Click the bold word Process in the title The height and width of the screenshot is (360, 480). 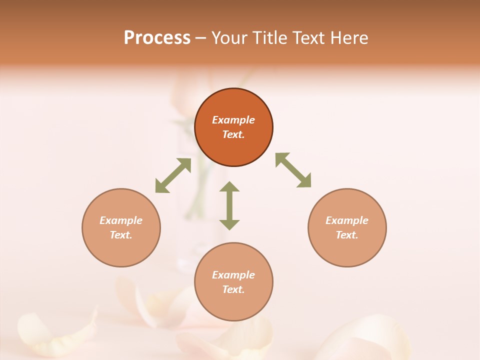[157, 38]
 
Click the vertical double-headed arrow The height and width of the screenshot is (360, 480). [229, 205]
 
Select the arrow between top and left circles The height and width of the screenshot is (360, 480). [173, 175]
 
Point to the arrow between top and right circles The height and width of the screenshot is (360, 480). [293, 170]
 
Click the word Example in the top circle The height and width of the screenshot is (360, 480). [233, 120]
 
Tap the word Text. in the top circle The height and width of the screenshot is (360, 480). [233, 134]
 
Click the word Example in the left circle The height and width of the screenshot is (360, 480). [121, 220]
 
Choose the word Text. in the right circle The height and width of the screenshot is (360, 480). [347, 235]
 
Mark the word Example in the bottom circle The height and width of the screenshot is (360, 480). [233, 275]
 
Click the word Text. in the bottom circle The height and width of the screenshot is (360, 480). [233, 289]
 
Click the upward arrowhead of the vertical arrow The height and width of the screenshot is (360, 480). [229, 187]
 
